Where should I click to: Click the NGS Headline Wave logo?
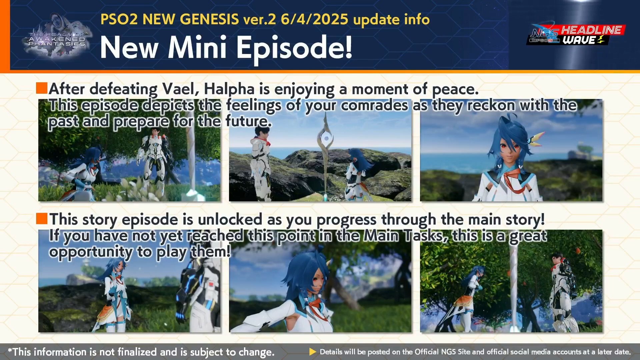point(576,35)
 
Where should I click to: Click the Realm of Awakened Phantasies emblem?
point(57,37)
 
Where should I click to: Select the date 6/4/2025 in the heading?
point(314,19)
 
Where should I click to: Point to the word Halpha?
point(229,89)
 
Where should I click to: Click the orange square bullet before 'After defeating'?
point(42,88)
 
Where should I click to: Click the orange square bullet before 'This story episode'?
point(42,219)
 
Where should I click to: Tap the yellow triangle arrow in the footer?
point(313,352)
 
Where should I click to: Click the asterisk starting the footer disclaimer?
point(10,350)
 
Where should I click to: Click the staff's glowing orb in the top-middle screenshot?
point(326,138)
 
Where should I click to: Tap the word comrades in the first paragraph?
point(374,105)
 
